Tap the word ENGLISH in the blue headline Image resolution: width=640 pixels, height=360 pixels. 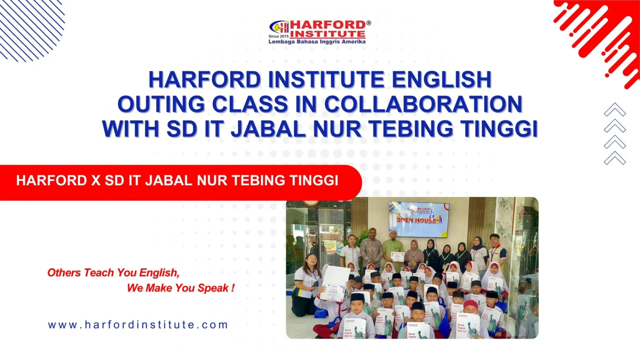pos(442,80)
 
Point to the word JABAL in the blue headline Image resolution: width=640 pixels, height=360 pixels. pos(268,129)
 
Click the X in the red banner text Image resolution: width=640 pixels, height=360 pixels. pos(96,181)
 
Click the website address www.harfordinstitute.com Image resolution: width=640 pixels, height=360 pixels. pos(138,325)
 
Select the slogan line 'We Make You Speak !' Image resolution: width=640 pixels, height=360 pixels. pos(180,288)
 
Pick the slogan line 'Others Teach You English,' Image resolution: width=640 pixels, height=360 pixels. pos(113,273)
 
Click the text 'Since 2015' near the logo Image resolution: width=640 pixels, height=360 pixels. pos(278,37)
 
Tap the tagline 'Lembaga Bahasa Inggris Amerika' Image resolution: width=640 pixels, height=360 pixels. pos(317,42)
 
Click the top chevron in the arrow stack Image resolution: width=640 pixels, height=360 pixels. pos(615,110)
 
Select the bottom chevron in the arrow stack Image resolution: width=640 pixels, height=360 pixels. pos(615,158)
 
